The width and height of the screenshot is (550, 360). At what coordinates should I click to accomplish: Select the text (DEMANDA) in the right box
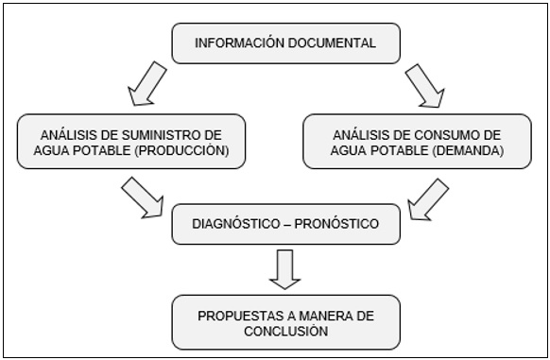pyautogui.click(x=462, y=150)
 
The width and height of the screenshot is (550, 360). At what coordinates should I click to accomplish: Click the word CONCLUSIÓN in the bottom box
pyautogui.click(x=286, y=332)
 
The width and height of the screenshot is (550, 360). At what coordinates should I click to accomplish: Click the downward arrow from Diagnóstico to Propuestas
pyautogui.click(x=284, y=268)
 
